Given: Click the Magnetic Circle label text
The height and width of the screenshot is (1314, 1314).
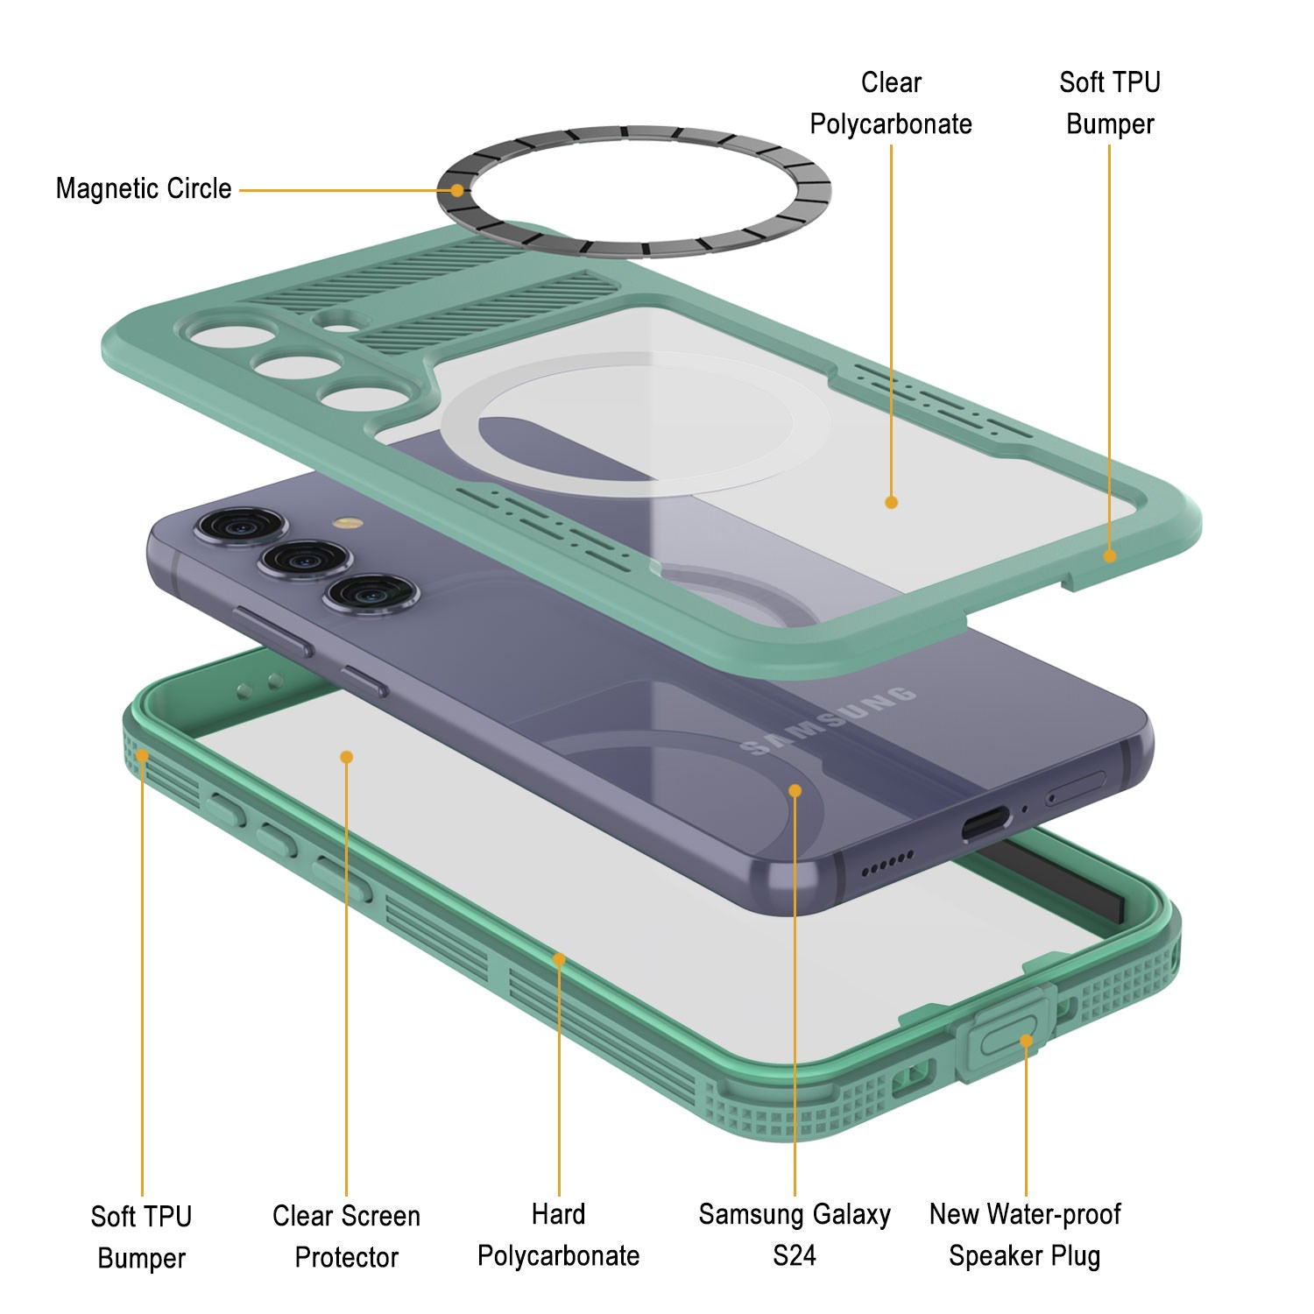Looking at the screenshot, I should pyautogui.click(x=144, y=188).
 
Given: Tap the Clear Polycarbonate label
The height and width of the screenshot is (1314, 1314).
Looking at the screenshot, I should pyautogui.click(x=890, y=103).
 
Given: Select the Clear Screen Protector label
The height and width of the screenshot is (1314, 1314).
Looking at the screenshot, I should pyautogui.click(x=346, y=1236).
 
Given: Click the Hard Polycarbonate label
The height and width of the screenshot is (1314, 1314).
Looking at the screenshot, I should pyautogui.click(x=558, y=1235).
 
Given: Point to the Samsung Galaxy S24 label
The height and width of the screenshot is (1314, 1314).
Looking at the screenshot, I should pyautogui.click(x=795, y=1235).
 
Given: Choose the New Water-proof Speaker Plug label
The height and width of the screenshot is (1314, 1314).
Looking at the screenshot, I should pyautogui.click(x=1025, y=1235).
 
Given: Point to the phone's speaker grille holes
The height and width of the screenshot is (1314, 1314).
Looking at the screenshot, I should pyautogui.click(x=887, y=865).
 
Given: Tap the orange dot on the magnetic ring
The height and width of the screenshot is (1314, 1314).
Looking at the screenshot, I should pyautogui.click(x=456, y=190).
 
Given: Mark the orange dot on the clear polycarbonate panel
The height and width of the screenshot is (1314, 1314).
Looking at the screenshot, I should pyautogui.click(x=891, y=502).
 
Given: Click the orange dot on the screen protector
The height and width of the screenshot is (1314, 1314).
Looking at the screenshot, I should pyautogui.click(x=347, y=757).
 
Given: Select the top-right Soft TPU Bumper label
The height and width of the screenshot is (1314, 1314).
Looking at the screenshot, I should pyautogui.click(x=1109, y=103).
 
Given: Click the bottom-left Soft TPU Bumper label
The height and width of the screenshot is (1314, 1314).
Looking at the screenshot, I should pyautogui.click(x=141, y=1237).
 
